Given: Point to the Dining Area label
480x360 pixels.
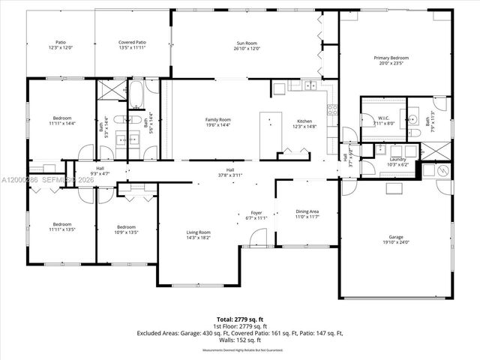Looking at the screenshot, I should [307, 213].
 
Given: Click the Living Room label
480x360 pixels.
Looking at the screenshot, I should [198, 235].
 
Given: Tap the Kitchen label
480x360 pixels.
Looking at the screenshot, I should [304, 124].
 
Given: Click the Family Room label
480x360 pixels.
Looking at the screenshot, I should [218, 122].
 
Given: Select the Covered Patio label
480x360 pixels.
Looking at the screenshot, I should [132, 46].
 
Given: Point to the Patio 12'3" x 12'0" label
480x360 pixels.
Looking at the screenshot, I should [59, 46].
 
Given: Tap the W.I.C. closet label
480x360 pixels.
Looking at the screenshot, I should [382, 120].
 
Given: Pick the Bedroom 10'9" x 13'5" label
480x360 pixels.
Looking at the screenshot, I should [126, 229].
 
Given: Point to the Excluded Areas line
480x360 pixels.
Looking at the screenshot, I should [239, 333].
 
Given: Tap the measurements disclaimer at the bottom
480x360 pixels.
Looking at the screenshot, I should [239, 350].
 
